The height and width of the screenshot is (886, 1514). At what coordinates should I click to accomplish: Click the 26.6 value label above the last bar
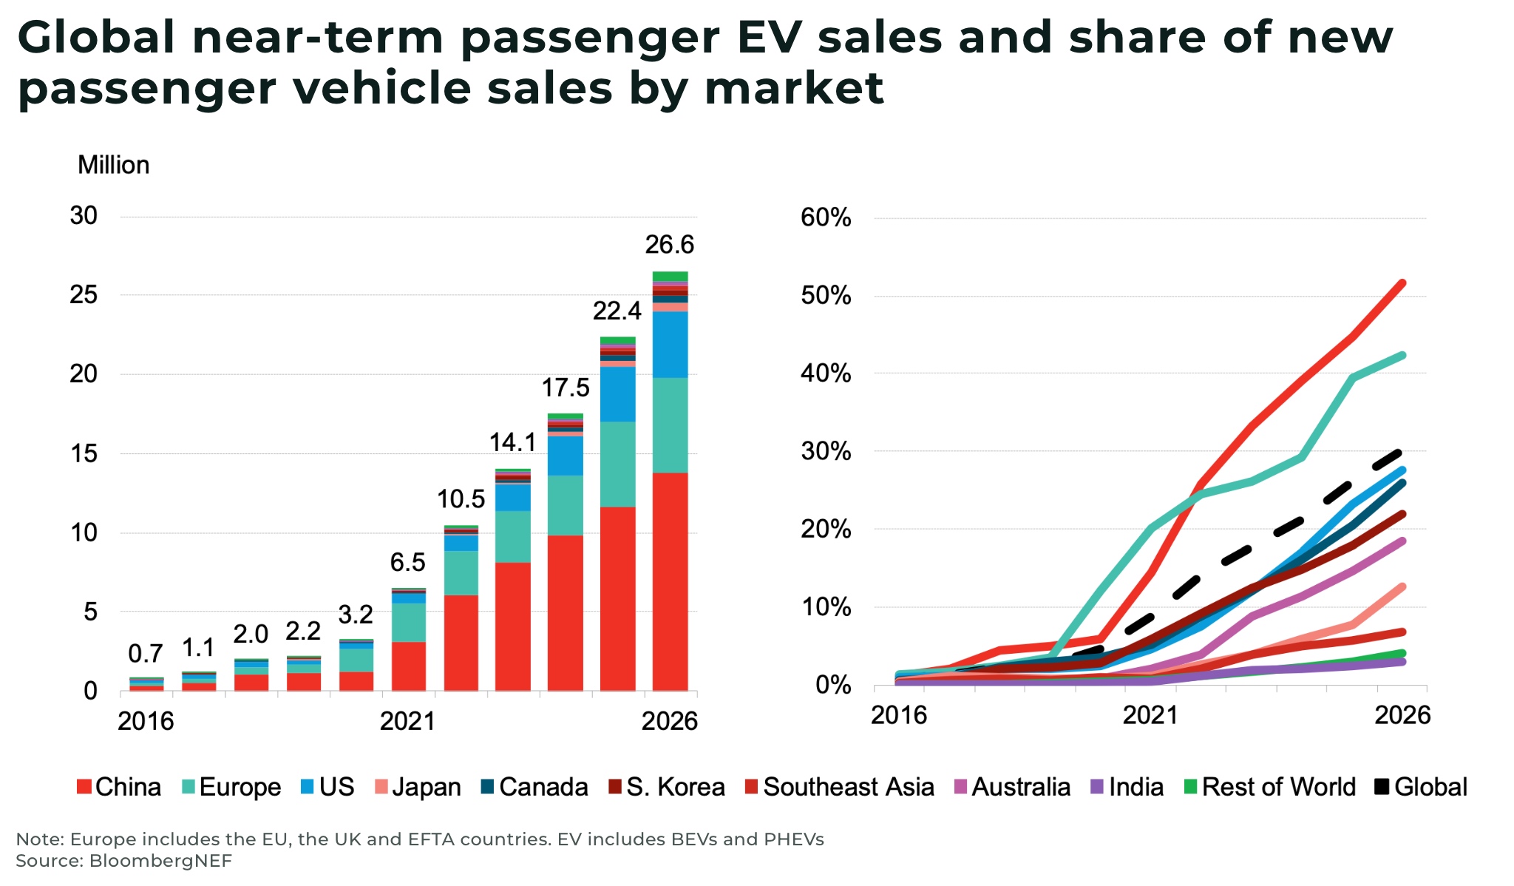pyautogui.click(x=669, y=245)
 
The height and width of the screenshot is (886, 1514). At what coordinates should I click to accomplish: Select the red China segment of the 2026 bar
pyautogui.click(x=670, y=581)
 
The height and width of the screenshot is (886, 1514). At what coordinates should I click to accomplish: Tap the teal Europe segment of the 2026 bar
pyautogui.click(x=670, y=425)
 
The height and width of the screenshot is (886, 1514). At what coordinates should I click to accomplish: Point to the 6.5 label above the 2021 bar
pyautogui.click(x=407, y=563)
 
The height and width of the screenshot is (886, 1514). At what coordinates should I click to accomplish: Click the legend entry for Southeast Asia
pyautogui.click(x=840, y=787)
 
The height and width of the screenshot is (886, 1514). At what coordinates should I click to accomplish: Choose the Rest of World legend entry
pyautogui.click(x=1270, y=787)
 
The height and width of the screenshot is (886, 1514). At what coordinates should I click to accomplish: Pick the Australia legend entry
pyautogui.click(x=1012, y=787)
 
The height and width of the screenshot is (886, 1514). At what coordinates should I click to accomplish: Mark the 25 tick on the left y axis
pyautogui.click(x=84, y=295)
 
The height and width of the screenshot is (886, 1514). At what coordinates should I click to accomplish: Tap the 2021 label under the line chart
pyautogui.click(x=1150, y=715)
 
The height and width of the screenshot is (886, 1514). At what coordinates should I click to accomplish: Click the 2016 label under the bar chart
pyautogui.click(x=146, y=721)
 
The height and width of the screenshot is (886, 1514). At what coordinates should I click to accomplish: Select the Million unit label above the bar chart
pyautogui.click(x=113, y=165)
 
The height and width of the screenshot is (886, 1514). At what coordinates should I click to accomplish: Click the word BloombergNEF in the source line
pyautogui.click(x=160, y=861)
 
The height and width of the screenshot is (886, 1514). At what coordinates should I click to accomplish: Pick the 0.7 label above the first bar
pyautogui.click(x=145, y=654)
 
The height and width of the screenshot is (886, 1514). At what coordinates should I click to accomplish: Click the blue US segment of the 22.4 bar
pyautogui.click(x=617, y=394)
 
